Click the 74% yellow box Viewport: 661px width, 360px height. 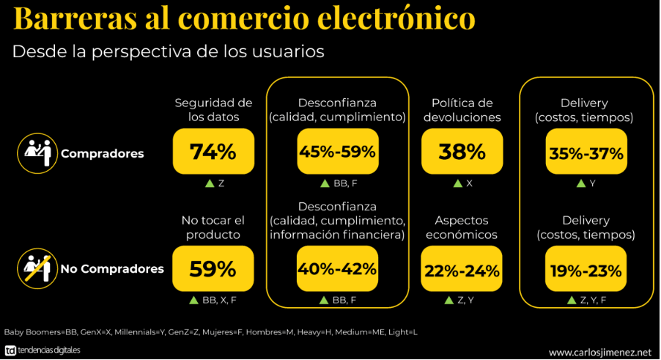(x=213, y=152)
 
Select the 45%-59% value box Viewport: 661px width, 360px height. (x=338, y=152)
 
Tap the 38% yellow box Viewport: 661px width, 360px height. (x=462, y=152)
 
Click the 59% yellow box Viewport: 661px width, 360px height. (x=213, y=269)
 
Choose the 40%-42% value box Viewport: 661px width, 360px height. (x=338, y=269)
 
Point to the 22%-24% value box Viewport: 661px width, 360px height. (x=462, y=269)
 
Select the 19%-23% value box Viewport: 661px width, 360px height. (x=586, y=269)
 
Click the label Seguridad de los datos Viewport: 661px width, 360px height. (x=213, y=110)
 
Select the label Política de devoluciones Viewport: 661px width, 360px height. (x=462, y=110)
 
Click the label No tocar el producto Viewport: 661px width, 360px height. (x=213, y=227)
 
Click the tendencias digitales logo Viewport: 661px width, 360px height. (x=43, y=350)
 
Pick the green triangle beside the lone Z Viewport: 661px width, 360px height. (x=209, y=183)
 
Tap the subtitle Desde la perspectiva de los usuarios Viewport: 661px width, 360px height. (x=168, y=52)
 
